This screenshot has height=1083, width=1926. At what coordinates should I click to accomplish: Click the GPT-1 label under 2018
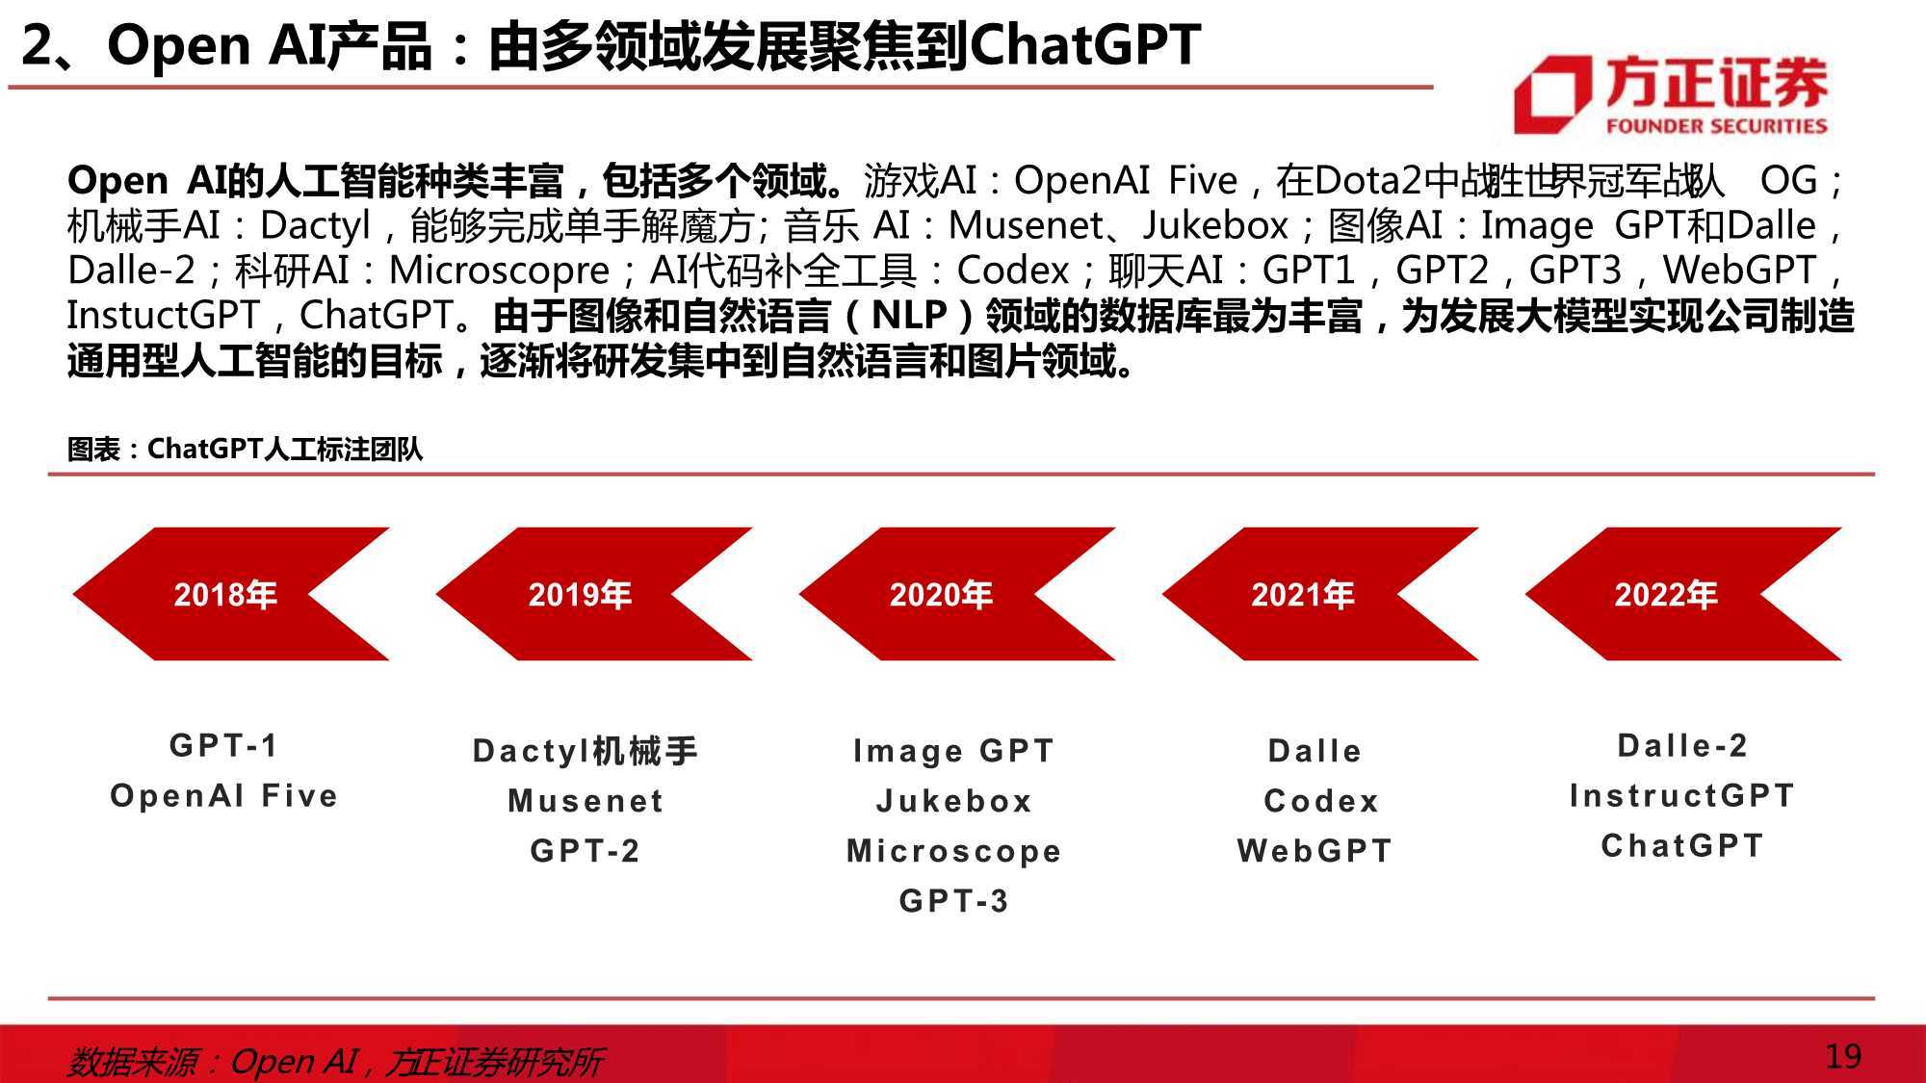(223, 745)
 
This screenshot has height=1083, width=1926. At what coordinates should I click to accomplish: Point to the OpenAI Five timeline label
(223, 796)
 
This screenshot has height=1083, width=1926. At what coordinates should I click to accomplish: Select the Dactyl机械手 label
(585, 751)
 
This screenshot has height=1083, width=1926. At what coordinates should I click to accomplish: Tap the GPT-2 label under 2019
(585, 851)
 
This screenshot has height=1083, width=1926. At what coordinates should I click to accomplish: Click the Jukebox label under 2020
(953, 801)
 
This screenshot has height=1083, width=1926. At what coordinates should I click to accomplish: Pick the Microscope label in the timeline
(953, 851)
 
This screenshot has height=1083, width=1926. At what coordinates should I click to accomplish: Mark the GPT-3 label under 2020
(953, 901)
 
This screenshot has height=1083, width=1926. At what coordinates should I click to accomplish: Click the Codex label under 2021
(1321, 801)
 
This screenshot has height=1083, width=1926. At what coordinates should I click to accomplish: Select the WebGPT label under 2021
(1314, 851)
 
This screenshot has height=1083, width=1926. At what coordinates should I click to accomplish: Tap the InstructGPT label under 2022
(1681, 796)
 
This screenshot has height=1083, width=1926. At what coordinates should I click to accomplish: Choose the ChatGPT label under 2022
(1681, 846)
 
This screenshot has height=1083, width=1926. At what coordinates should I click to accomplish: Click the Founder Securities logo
(1671, 94)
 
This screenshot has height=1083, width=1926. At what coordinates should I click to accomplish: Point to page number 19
(1843, 1057)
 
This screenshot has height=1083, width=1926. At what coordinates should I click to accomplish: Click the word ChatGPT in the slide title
(1085, 44)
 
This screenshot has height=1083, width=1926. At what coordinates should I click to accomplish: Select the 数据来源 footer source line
(335, 1062)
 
